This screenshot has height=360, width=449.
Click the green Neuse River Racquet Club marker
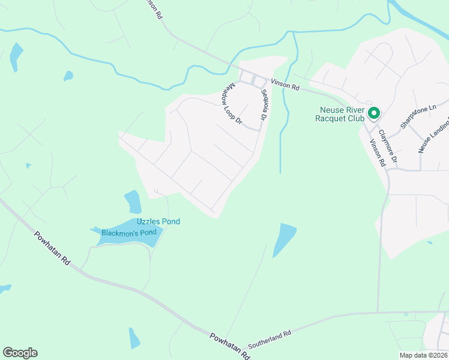pos(374,112)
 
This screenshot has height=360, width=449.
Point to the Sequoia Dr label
pos(263,106)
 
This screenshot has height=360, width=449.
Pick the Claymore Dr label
pos(388,147)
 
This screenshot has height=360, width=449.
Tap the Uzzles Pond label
pos(158,221)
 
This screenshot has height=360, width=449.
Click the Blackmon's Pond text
pos(128,232)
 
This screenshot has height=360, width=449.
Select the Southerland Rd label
pos(270,332)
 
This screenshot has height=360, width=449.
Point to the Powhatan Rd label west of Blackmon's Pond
pos(52,249)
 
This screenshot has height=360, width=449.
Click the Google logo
pos(20,353)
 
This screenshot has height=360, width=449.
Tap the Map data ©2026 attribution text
pos(423,355)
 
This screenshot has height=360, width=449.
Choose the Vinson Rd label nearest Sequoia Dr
pos(285,86)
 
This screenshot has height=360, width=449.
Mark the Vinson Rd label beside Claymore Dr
pos(376,152)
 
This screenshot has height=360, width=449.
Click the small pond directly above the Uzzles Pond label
pos(133,201)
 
